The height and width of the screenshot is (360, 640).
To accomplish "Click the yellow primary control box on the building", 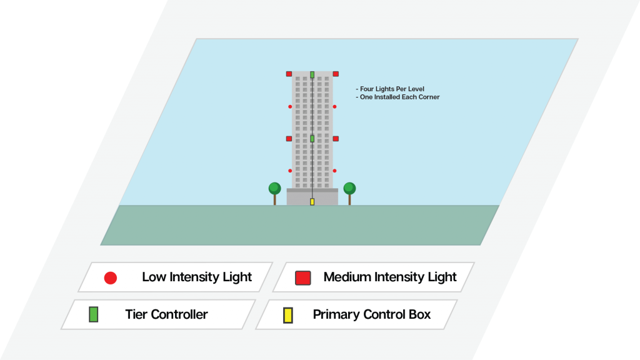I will [x=312, y=201].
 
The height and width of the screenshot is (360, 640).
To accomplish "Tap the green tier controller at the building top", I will [x=312, y=74].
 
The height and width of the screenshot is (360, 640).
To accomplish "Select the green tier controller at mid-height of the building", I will [x=312, y=138].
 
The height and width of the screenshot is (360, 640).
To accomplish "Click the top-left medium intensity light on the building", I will [x=289, y=74].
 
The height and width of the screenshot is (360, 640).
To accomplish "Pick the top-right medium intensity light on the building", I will [x=336, y=74].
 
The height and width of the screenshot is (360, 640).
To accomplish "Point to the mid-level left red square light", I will [x=289, y=139].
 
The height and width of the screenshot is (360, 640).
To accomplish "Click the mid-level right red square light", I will [x=336, y=139].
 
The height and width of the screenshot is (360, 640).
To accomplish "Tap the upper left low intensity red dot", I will [x=290, y=107].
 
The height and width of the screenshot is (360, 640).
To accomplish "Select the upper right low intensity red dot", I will [x=334, y=107].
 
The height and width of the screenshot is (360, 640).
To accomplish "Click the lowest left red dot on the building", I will [x=290, y=171].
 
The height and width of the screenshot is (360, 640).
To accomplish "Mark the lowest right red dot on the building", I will [x=334, y=171].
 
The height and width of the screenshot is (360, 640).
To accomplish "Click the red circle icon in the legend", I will [x=111, y=278].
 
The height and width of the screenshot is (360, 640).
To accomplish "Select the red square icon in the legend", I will [x=303, y=278].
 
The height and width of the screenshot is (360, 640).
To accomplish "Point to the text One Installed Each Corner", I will [x=399, y=97].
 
